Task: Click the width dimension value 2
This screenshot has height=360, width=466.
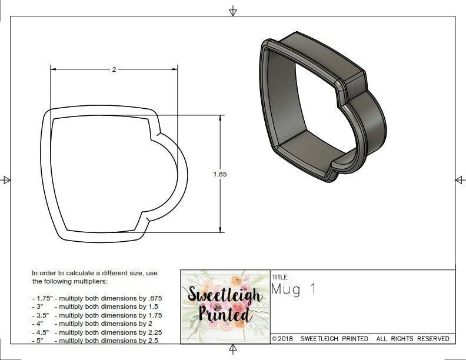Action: tap(114, 69)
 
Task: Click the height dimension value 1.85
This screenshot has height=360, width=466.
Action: tap(220, 174)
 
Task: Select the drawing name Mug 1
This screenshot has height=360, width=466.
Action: tap(294, 289)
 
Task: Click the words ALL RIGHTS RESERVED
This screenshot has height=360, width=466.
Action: tap(412, 339)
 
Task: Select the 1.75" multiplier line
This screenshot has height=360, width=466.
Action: tap(97, 298)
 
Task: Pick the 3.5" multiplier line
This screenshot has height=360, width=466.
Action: tap(97, 315)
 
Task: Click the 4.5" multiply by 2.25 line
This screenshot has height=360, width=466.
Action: tap(97, 332)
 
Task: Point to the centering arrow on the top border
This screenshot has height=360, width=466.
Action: tap(233, 11)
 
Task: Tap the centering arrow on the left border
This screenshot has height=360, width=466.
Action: tap(6, 180)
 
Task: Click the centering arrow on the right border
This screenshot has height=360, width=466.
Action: tap(460, 180)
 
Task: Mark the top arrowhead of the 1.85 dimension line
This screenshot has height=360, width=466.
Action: tap(220, 118)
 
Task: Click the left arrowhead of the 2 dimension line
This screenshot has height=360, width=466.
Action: tap(54, 69)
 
